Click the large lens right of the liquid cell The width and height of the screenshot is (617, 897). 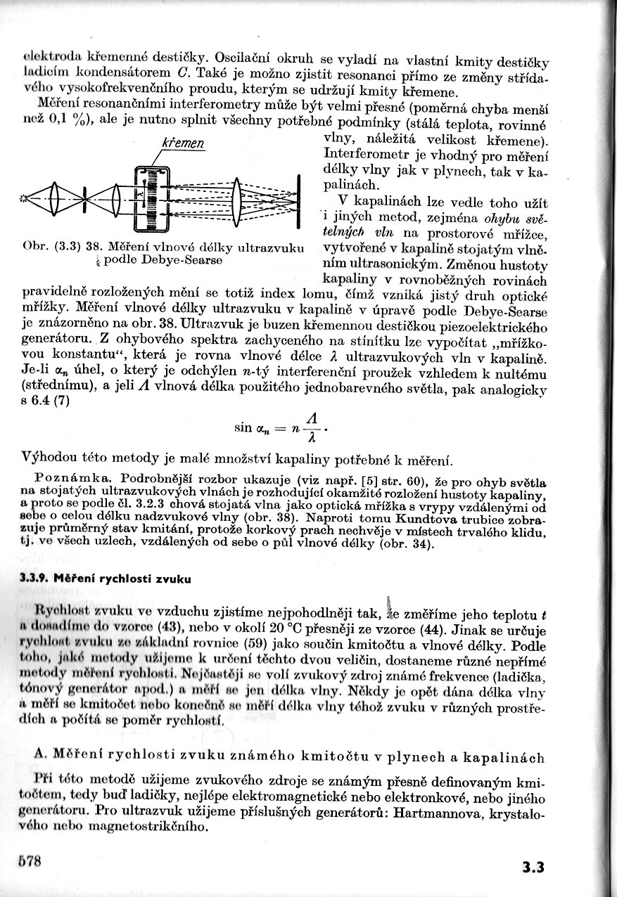coord(237,199)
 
